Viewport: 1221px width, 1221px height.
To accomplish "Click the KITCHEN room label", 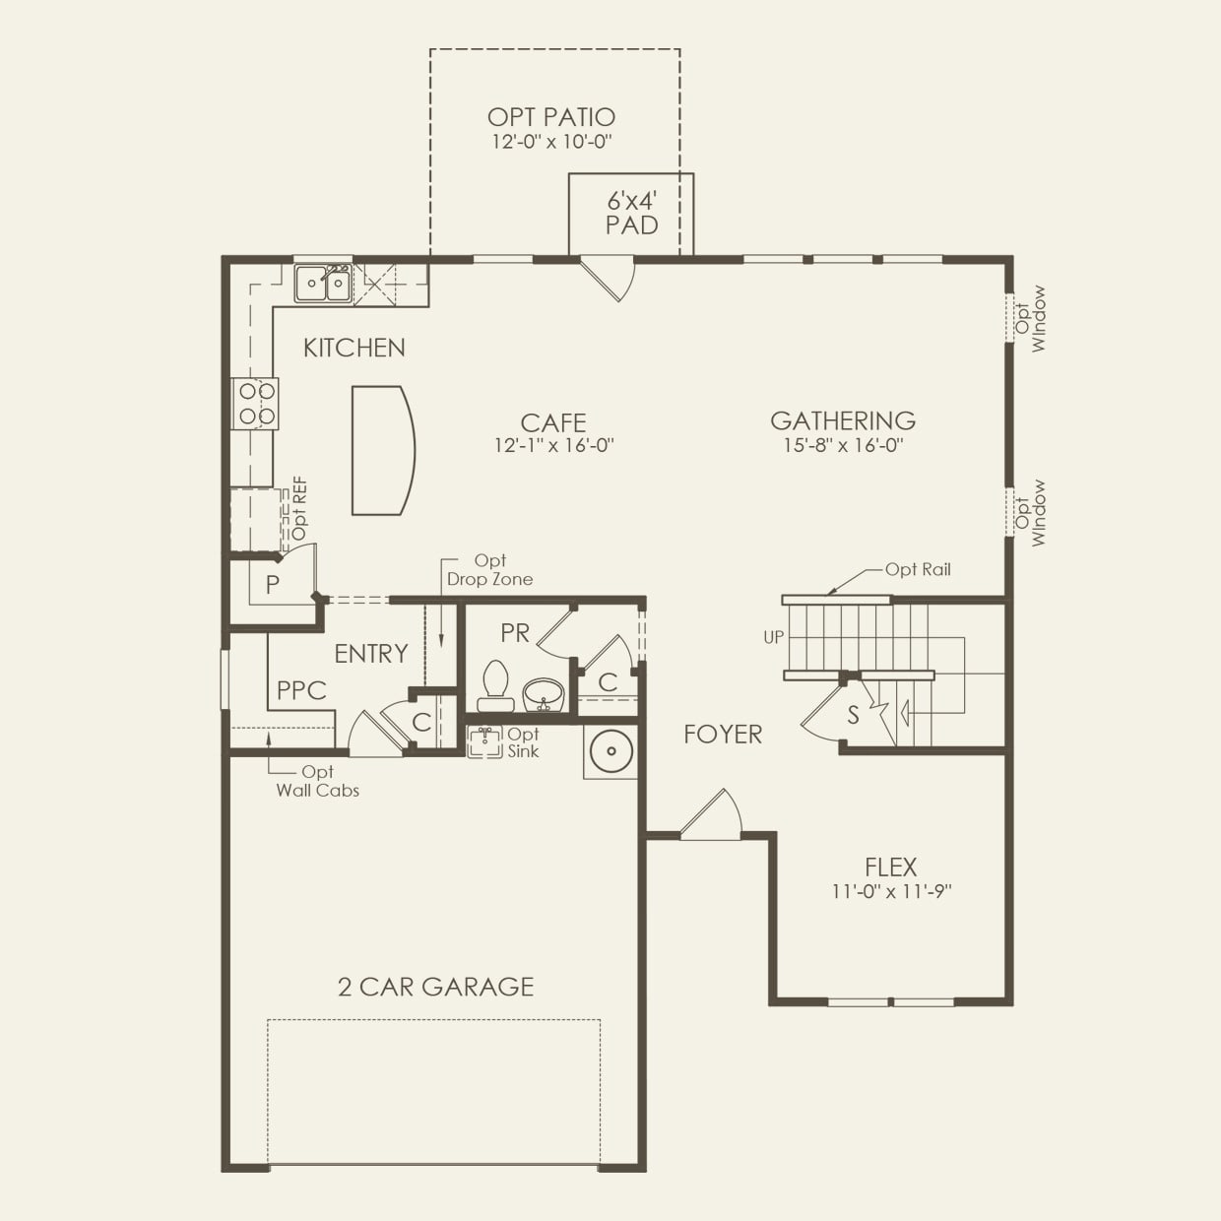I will click(353, 348).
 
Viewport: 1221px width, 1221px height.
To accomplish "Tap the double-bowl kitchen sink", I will click(324, 284).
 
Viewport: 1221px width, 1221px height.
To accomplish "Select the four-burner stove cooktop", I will click(255, 404).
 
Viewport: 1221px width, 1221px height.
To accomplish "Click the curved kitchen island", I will click(382, 450).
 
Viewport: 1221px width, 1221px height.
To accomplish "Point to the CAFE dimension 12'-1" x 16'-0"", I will click(553, 445).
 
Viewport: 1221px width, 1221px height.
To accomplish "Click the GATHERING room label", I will click(843, 420).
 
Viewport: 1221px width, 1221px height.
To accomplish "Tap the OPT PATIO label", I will click(551, 118).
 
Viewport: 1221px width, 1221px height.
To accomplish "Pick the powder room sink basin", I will click(542, 693).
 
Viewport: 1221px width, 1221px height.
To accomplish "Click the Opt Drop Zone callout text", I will click(489, 570).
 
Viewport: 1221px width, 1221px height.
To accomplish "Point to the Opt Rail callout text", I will click(918, 569).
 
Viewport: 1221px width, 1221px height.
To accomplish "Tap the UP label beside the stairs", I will click(774, 637).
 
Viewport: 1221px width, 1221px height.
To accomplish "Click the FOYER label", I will click(723, 734).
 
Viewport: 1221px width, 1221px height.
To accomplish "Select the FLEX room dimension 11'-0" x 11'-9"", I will click(891, 892).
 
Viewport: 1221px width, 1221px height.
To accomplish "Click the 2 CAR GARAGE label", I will click(435, 987).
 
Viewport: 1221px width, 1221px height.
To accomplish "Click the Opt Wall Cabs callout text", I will click(317, 781).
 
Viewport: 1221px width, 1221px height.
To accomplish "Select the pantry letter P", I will click(273, 584).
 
